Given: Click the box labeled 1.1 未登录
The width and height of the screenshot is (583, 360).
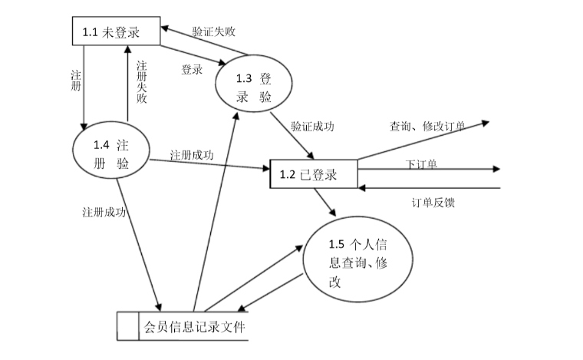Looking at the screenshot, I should (114, 32).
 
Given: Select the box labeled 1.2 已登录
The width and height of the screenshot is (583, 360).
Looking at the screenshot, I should (314, 174).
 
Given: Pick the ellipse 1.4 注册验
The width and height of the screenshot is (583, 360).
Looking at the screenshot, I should (111, 154).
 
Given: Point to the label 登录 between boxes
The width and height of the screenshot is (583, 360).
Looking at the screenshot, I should (192, 70).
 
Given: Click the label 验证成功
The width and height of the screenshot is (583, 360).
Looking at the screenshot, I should (312, 126).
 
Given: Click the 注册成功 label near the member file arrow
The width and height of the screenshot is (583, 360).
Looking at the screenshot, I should (104, 210).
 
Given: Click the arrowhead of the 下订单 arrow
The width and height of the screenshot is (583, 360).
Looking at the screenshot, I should (496, 170).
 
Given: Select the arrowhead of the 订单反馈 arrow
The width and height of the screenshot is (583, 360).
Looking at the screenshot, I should (363, 187).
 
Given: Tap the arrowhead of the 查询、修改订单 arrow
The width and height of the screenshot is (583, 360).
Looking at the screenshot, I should (484, 122).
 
